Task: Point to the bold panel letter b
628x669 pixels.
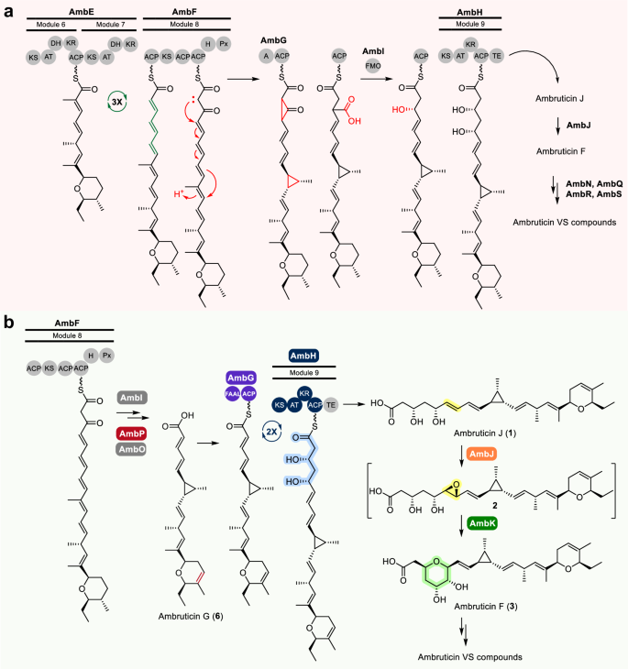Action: [x=9, y=322]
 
